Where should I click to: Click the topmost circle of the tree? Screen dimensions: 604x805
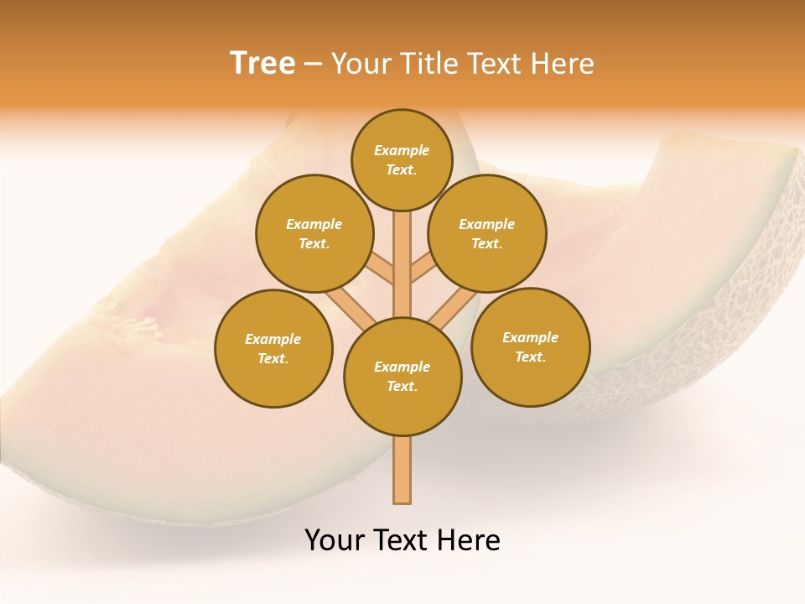402,159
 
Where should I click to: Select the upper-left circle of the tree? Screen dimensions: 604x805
314,233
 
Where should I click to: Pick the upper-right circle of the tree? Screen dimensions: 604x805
487,233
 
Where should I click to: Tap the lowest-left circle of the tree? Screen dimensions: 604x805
273,348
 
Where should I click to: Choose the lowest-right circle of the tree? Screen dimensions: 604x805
531,346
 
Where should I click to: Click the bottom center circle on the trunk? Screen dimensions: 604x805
402,377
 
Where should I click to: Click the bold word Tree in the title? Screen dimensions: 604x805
262,63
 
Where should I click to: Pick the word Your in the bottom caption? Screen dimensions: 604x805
335,540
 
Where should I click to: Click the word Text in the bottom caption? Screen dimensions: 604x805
402,540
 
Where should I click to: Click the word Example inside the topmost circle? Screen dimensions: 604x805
402,151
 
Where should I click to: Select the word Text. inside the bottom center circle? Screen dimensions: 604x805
402,387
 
